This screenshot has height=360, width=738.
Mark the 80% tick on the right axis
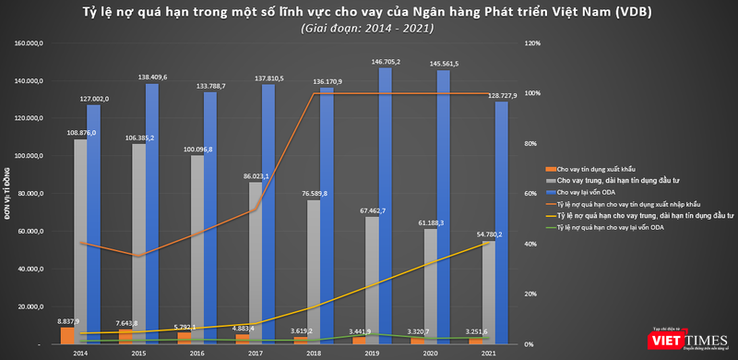coord(530,143)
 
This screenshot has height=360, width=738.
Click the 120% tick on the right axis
coord(530,43)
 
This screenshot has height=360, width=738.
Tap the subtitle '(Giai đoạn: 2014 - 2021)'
coord(369,29)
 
